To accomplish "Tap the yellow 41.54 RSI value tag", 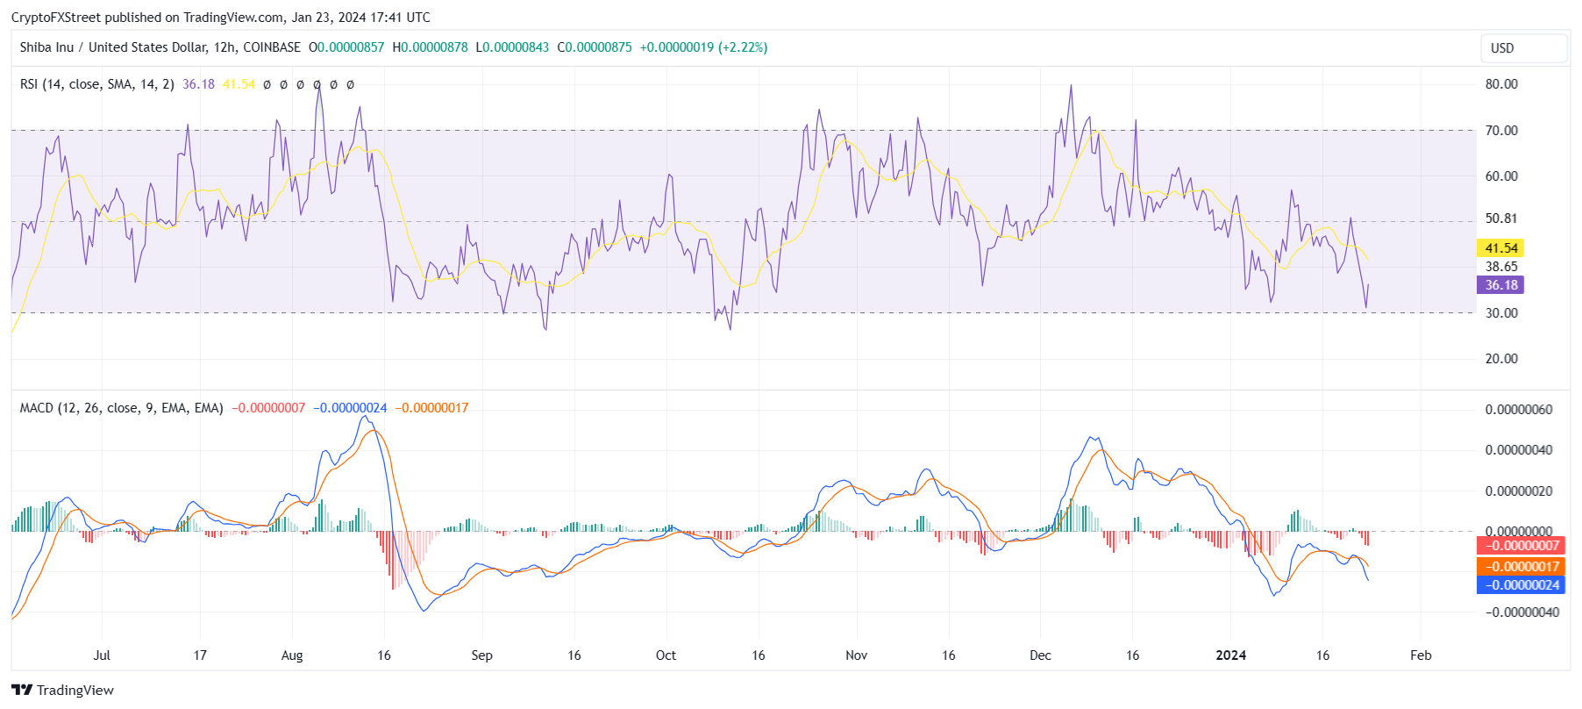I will [x=1500, y=248].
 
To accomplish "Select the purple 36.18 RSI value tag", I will [x=1500, y=285].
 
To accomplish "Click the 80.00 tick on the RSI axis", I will [x=1501, y=84].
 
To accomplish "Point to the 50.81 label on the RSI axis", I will [x=1501, y=218].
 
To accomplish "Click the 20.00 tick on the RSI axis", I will [x=1501, y=359].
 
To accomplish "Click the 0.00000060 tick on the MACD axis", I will [x=1518, y=410].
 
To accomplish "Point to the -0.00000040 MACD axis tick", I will [x=1521, y=612].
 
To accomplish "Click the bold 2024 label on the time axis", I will [x=1230, y=655].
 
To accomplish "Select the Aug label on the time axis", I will [x=292, y=655].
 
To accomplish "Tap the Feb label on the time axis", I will [x=1421, y=655].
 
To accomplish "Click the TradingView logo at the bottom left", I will [x=63, y=691].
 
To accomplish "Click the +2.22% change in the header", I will [x=743, y=47].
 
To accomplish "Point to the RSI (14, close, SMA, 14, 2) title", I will [x=97, y=84].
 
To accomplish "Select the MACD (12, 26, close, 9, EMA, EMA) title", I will [x=122, y=408].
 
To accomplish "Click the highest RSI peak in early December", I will [x=1071, y=86].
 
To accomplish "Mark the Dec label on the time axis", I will [x=1040, y=655].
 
